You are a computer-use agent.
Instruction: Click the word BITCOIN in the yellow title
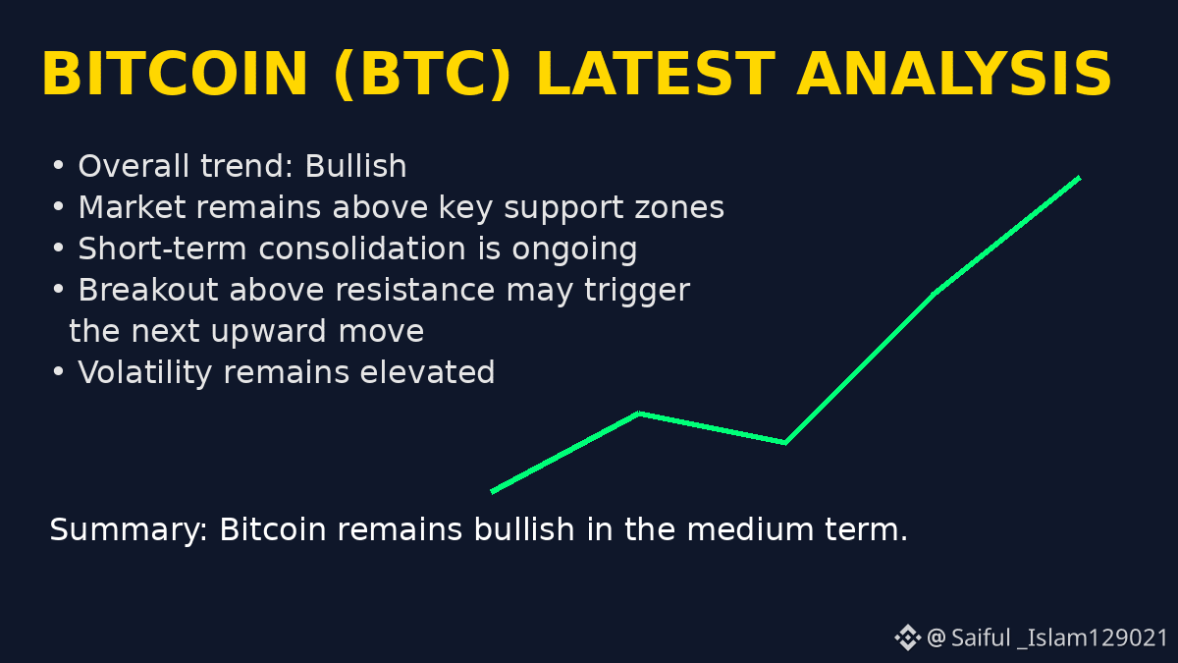[175, 75]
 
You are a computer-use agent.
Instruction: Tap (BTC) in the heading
[421, 75]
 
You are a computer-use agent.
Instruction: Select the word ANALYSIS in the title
[953, 75]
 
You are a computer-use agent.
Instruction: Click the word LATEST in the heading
[656, 75]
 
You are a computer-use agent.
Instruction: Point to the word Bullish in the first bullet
[355, 166]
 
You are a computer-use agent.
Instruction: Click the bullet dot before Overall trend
[58, 165]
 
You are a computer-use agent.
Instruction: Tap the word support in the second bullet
[563, 209]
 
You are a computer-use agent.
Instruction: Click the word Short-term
[163, 248]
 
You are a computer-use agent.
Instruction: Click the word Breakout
[148, 290]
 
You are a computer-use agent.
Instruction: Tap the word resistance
[415, 290]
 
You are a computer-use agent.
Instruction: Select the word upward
[268, 333]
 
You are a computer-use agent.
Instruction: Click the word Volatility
[144, 374]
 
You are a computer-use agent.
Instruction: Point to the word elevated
[427, 372]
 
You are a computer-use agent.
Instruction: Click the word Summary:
[129, 530]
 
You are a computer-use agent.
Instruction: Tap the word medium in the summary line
[750, 528]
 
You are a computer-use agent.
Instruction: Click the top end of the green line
[1080, 178]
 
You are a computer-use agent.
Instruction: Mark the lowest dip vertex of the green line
[785, 443]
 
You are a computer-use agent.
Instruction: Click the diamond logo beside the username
[908, 637]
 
